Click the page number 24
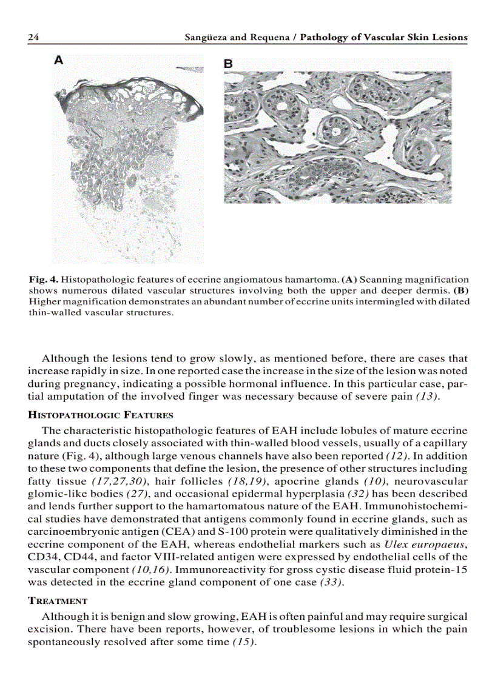(34, 38)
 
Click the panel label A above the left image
(58, 59)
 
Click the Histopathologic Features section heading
(101, 415)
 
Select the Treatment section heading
(58, 601)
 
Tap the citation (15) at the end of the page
(244, 642)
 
